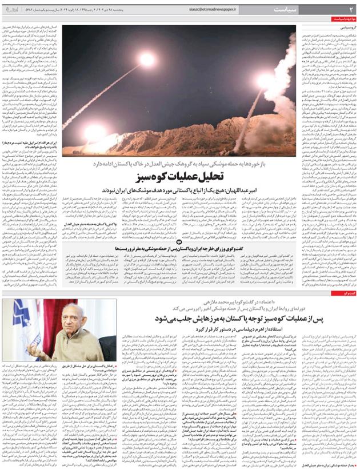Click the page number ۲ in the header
pos(352,10)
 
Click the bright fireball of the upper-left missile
pos(147,59)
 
